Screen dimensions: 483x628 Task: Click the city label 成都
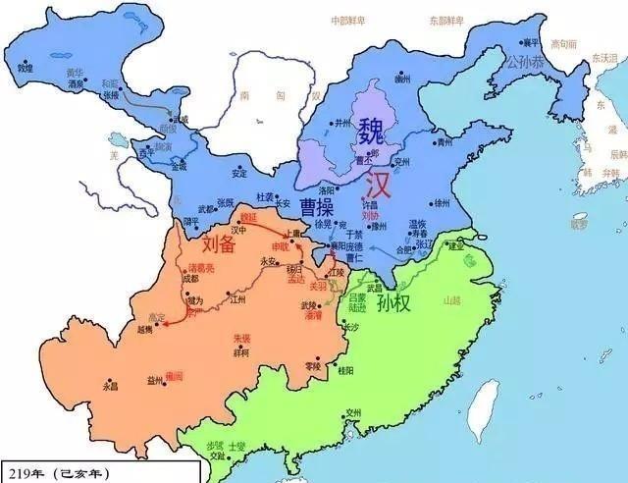190,278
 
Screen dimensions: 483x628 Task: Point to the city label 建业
456,246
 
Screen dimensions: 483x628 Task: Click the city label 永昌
110,386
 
